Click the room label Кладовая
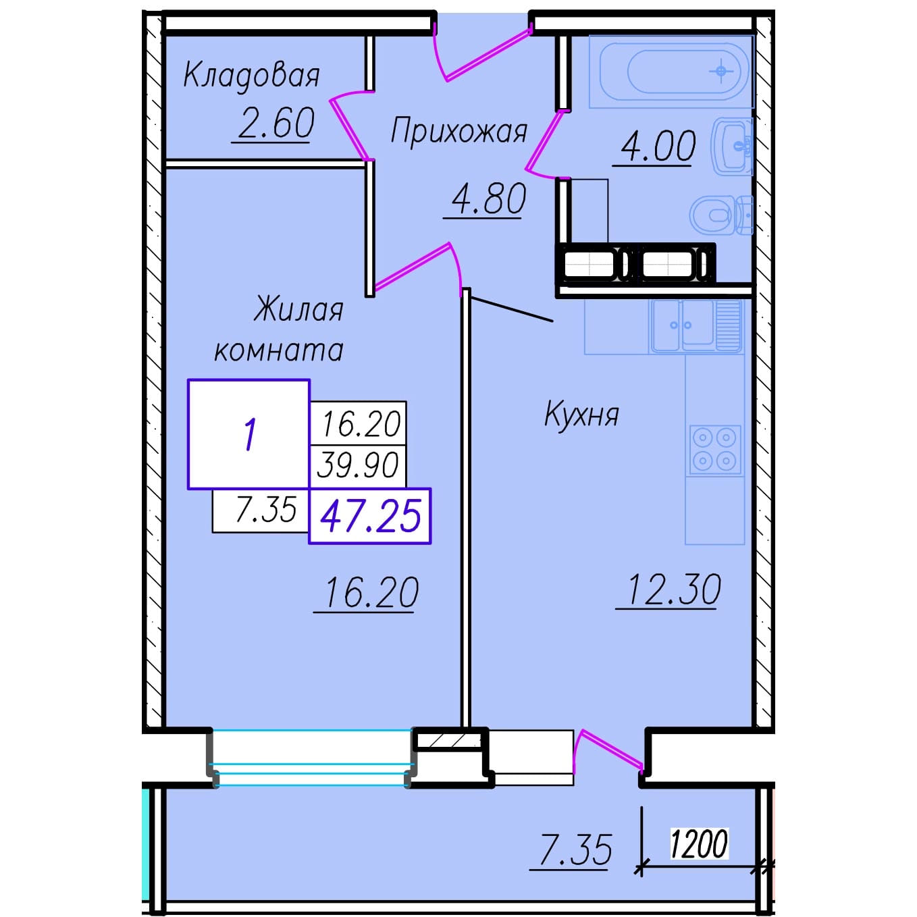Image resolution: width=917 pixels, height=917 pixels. [251, 76]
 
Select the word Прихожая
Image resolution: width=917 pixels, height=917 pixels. [459, 131]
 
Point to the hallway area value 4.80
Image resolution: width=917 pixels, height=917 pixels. [488, 199]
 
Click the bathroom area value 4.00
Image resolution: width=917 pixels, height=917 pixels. [658, 146]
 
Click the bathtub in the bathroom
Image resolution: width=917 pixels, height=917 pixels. [671, 72]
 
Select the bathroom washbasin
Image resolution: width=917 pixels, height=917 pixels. [732, 146]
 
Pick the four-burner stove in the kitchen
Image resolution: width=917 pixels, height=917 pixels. [715, 449]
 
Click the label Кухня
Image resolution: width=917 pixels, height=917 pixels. [581, 415]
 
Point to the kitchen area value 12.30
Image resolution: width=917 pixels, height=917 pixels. [674, 589]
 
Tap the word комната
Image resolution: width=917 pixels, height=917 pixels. [279, 350]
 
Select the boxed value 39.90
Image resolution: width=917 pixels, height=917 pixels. [358, 465]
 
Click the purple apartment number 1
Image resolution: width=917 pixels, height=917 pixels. [249, 434]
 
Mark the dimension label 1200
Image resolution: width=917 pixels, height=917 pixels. [699, 843]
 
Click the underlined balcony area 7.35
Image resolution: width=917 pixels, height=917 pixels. [576, 849]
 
